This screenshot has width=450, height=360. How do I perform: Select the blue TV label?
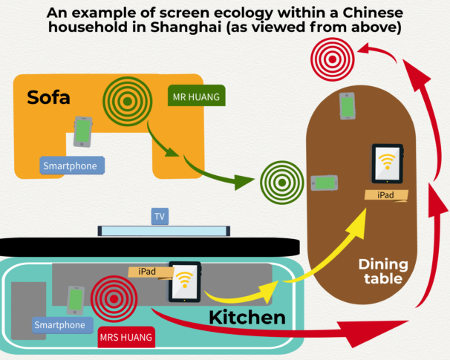tap(159, 217)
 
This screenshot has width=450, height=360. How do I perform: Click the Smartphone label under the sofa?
tap(74, 166)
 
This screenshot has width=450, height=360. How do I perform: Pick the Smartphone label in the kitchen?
tap(59, 324)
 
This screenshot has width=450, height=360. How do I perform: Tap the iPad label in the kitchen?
tap(147, 271)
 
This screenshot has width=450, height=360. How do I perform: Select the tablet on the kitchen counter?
tap(184, 281)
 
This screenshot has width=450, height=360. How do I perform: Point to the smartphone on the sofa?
tap(82, 131)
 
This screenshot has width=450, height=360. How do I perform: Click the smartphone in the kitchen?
tap(75, 300)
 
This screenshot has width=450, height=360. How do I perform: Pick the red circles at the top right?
tap(332, 53)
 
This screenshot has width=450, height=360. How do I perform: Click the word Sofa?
tap(49, 97)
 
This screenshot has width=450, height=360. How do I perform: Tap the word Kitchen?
tap(247, 318)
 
